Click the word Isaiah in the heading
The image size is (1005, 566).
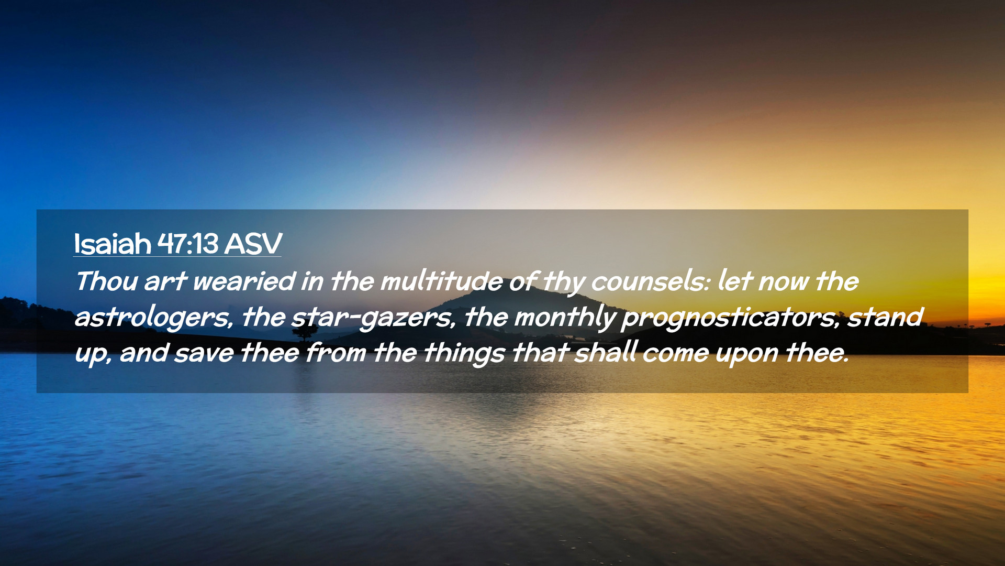coord(112,244)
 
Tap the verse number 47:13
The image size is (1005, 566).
coord(188,244)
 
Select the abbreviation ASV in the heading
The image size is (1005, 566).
coord(253,244)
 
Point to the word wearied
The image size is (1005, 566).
coord(244,281)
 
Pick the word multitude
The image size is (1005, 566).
coord(441,281)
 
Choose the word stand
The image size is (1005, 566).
coord(885,317)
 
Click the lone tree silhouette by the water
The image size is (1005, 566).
coord(305,333)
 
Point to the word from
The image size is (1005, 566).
coord(336,352)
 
